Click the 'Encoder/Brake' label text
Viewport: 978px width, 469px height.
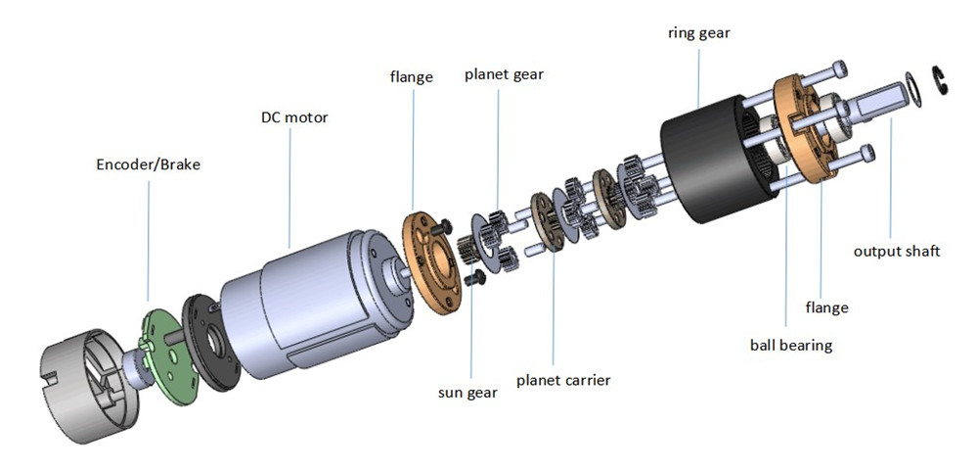(x=148, y=164)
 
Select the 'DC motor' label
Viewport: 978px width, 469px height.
(x=294, y=117)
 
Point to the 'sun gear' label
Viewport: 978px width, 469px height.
(x=467, y=393)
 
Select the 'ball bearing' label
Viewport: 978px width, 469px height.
(x=790, y=345)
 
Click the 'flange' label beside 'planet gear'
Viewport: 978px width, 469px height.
(x=411, y=76)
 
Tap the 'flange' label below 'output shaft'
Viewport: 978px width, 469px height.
(x=826, y=307)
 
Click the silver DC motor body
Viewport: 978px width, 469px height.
(x=293, y=294)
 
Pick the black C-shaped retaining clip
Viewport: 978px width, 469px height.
(x=941, y=80)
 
